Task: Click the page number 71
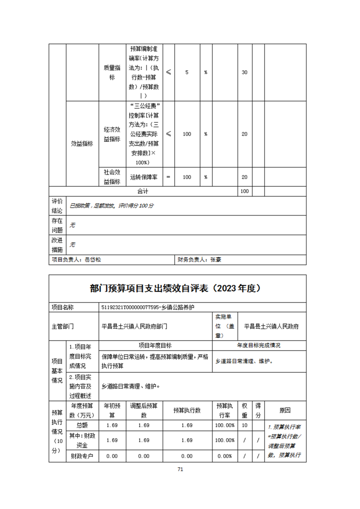coord(180,470)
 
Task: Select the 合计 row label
coord(143,191)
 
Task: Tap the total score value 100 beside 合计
coord(245,191)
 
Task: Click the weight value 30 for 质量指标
coord(245,73)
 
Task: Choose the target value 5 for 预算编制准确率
coord(187,73)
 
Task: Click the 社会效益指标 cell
coord(112,177)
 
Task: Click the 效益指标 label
coord(82,143)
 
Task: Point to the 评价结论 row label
coord(57,206)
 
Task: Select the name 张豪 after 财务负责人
coord(216,260)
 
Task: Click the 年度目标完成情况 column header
coord(259,345)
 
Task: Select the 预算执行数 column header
coord(187,410)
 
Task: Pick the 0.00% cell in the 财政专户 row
coord(225,456)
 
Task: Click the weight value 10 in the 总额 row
coord(245,425)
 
